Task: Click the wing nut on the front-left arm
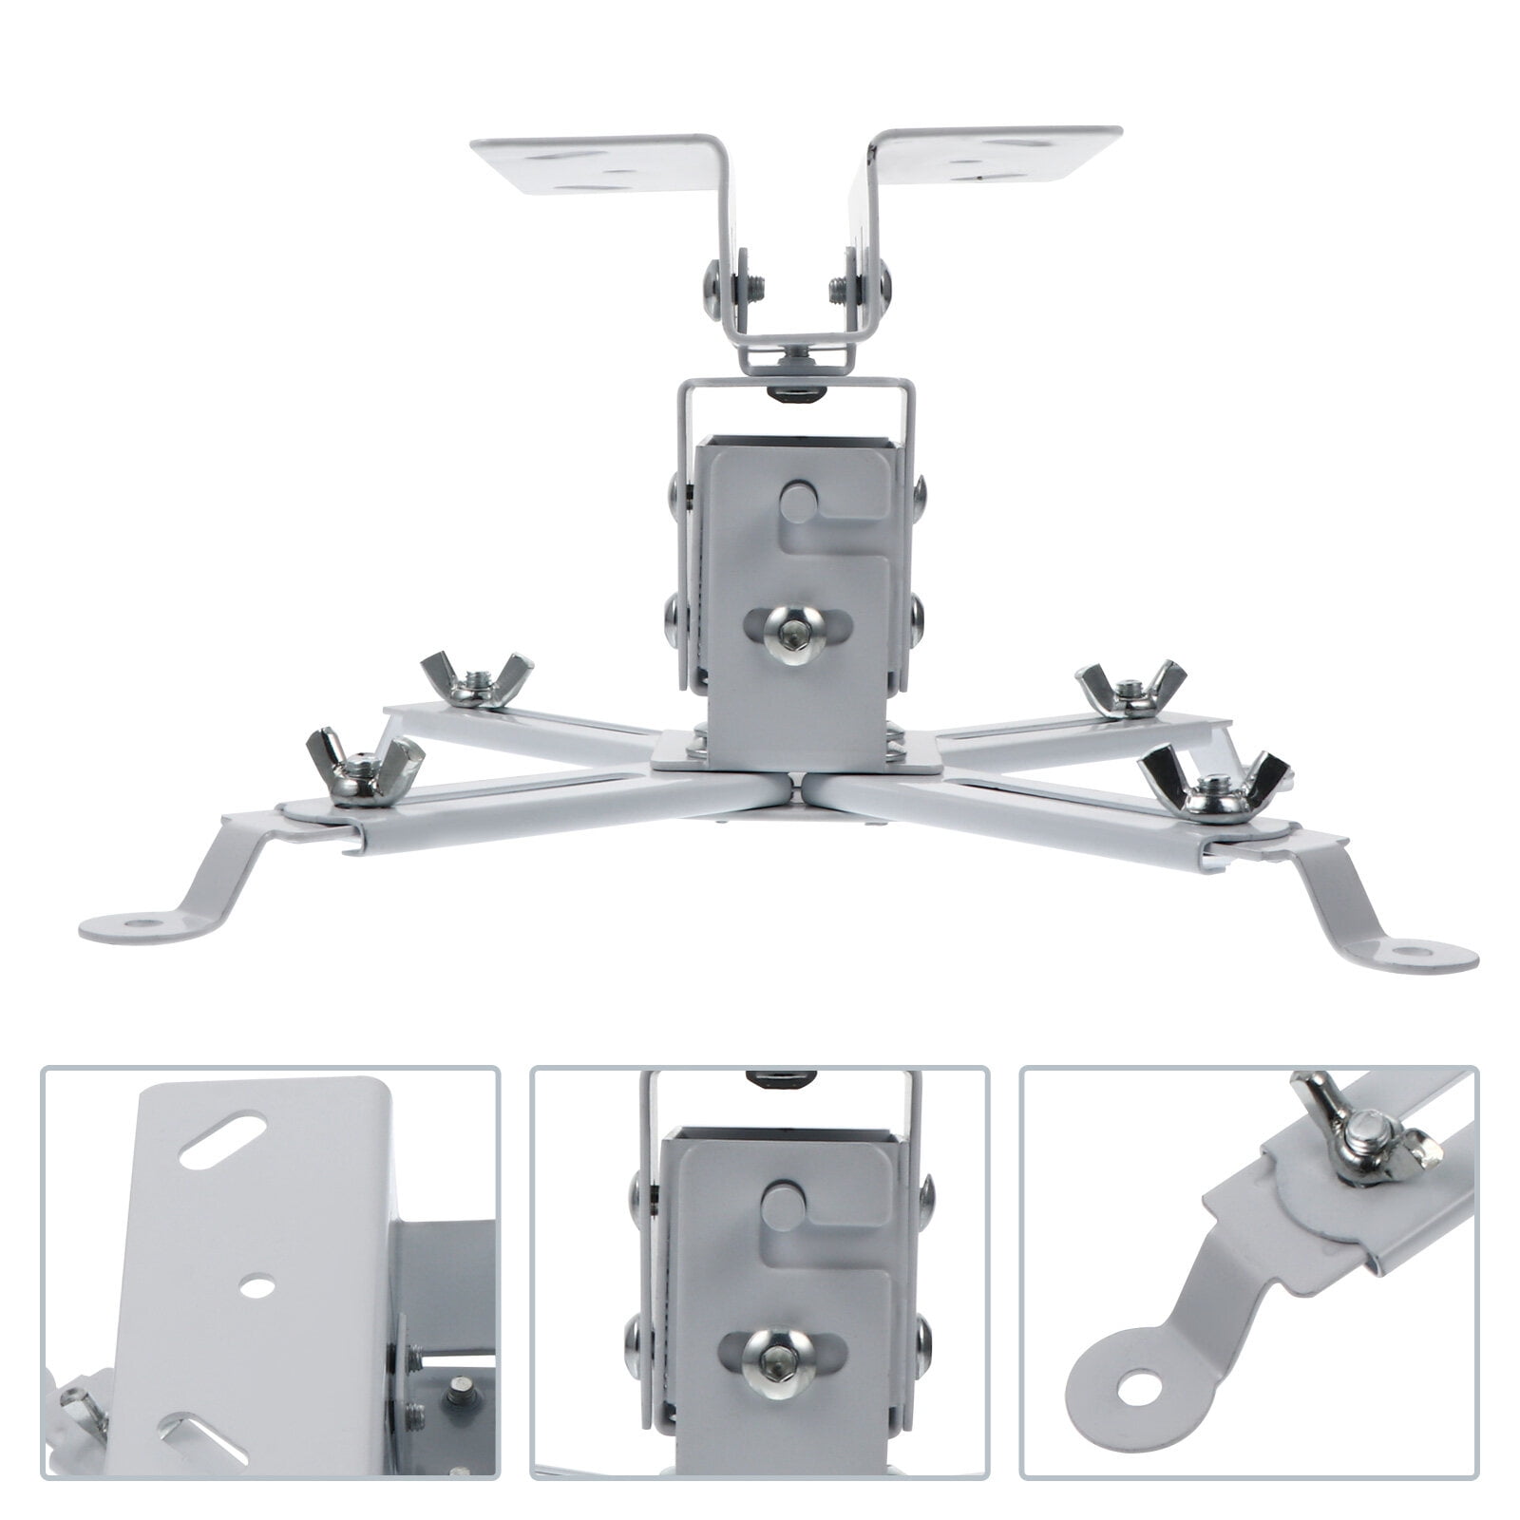[364, 762]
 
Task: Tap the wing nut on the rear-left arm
[477, 679]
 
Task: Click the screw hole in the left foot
[141, 921]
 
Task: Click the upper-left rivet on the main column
[674, 491]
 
